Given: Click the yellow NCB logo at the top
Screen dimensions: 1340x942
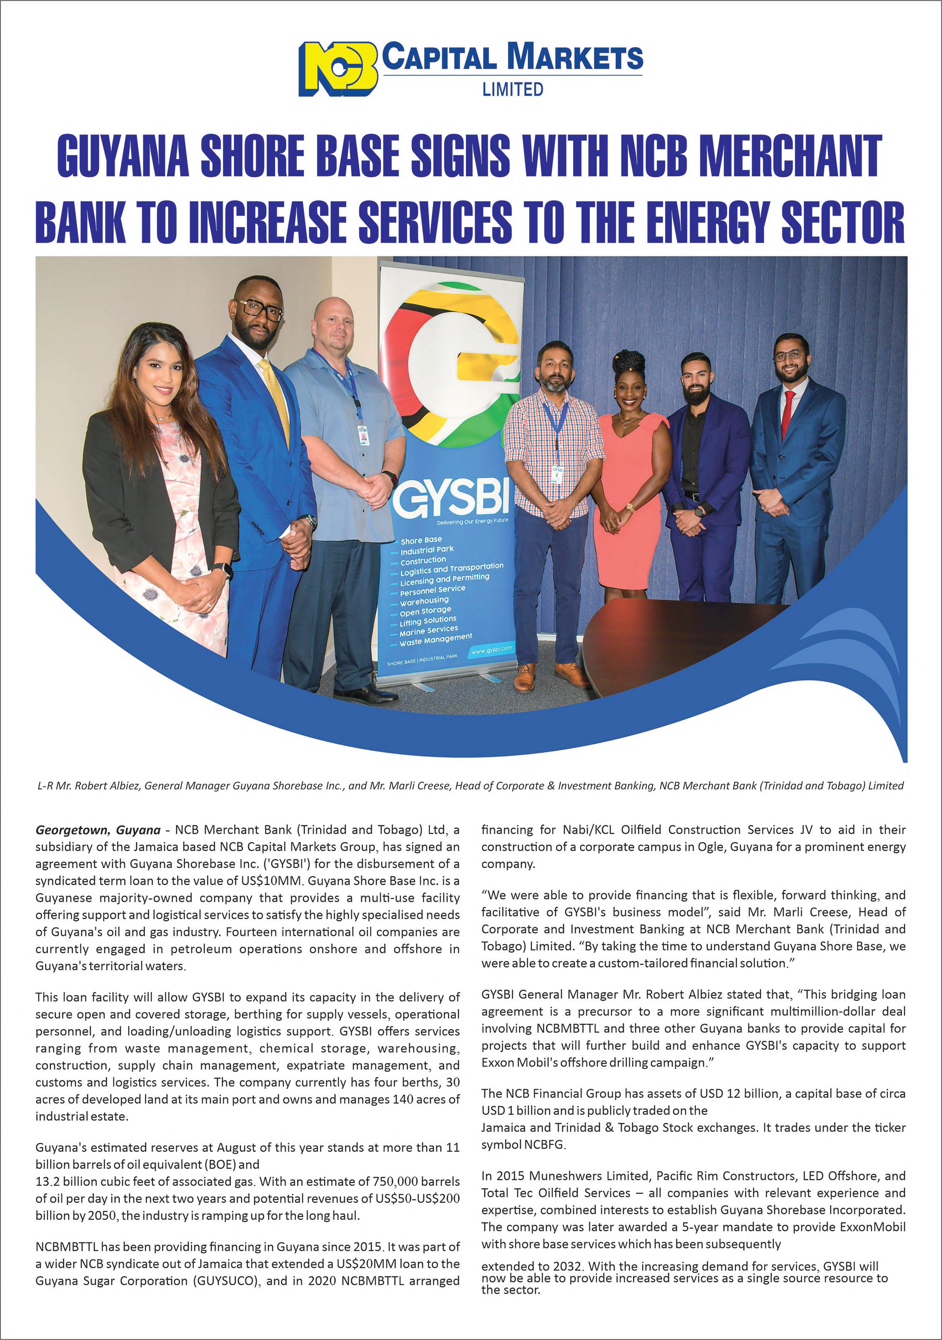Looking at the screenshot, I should tap(337, 69).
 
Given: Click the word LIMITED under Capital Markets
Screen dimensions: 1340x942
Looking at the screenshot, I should tap(512, 89).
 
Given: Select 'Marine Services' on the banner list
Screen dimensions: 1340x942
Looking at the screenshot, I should tap(428, 630).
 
